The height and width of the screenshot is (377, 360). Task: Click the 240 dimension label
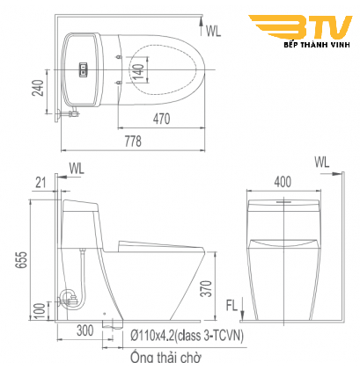[x=37, y=90]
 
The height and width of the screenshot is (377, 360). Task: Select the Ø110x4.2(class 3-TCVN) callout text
[x=187, y=336]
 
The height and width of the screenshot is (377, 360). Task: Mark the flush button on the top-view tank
[x=84, y=66]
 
